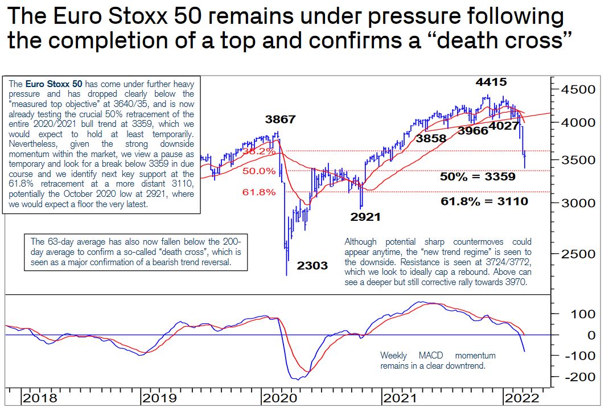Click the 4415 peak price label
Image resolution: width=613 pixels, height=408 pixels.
click(x=491, y=83)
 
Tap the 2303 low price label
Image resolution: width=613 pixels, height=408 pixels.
click(x=312, y=265)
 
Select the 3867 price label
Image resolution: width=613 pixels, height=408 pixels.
click(x=281, y=119)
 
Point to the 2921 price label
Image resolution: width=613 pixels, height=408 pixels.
click(x=365, y=217)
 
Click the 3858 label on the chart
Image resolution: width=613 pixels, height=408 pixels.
click(x=431, y=138)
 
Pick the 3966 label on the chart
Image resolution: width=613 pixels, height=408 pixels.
click(x=472, y=131)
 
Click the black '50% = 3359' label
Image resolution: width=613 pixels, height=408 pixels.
click(x=478, y=176)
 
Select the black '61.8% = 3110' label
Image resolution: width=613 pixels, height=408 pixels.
click(x=484, y=201)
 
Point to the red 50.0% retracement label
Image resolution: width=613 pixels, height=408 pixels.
click(x=259, y=171)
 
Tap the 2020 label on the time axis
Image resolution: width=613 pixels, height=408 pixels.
click(x=280, y=398)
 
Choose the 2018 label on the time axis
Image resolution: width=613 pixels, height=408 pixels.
click(x=40, y=398)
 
